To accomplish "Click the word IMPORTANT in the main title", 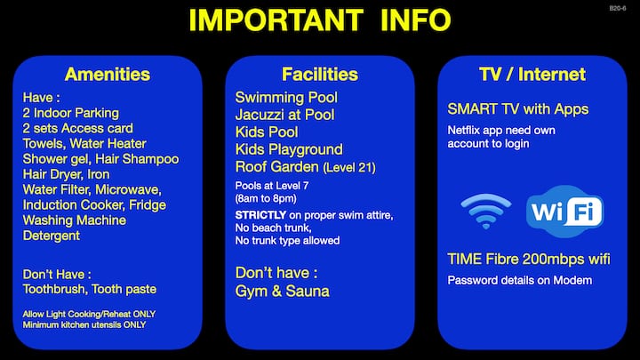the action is click(276, 20).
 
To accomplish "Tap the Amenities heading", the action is click(108, 75).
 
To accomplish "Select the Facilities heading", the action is click(320, 75).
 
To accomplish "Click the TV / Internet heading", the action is click(532, 75).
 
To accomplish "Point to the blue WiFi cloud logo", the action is click(565, 211).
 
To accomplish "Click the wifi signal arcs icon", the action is click(485, 211).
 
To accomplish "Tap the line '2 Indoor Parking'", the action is click(71, 113).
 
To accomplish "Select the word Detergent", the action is click(52, 236).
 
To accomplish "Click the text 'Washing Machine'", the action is click(75, 220).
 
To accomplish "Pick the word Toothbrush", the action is click(55, 289).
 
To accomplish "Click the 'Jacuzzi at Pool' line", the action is click(285, 115).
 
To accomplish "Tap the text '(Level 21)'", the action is click(349, 167).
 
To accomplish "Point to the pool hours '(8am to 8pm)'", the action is click(266, 199).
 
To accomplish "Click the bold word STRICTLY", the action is click(260, 215).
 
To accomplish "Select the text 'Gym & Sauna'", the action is click(282, 291).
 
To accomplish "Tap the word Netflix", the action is click(463, 130).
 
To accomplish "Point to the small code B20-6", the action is click(618, 8).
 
